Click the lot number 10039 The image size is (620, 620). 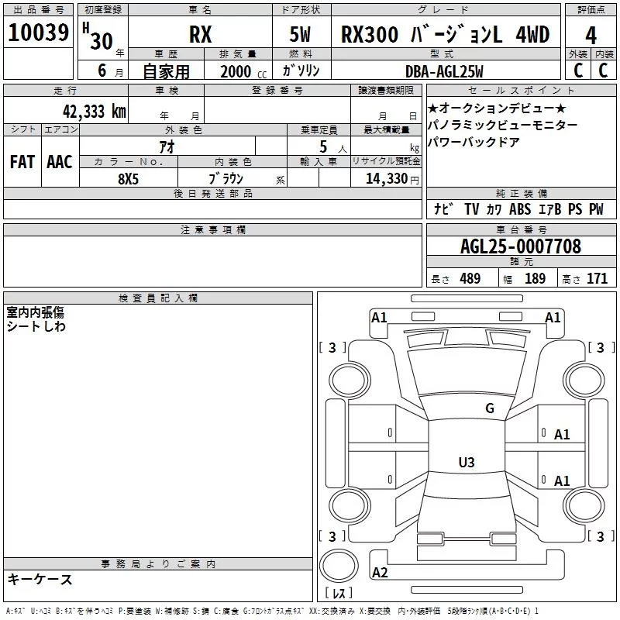click(38, 33)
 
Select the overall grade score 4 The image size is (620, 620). click(591, 35)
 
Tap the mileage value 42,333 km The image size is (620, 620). click(95, 112)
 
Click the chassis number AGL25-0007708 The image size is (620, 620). click(521, 246)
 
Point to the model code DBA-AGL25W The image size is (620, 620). click(444, 71)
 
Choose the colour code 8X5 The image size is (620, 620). click(128, 179)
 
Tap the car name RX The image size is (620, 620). click(201, 34)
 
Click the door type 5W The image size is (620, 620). click(300, 34)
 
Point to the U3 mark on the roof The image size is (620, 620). click(467, 462)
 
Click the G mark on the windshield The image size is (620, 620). click(490, 408)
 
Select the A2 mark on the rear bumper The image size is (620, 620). click(380, 572)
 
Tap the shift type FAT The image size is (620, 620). click(22, 162)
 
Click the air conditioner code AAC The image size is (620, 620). click(60, 162)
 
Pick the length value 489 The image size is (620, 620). click(470, 278)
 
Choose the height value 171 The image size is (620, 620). click(597, 278)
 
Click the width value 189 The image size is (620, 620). click(535, 278)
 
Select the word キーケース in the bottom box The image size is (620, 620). click(40, 579)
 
